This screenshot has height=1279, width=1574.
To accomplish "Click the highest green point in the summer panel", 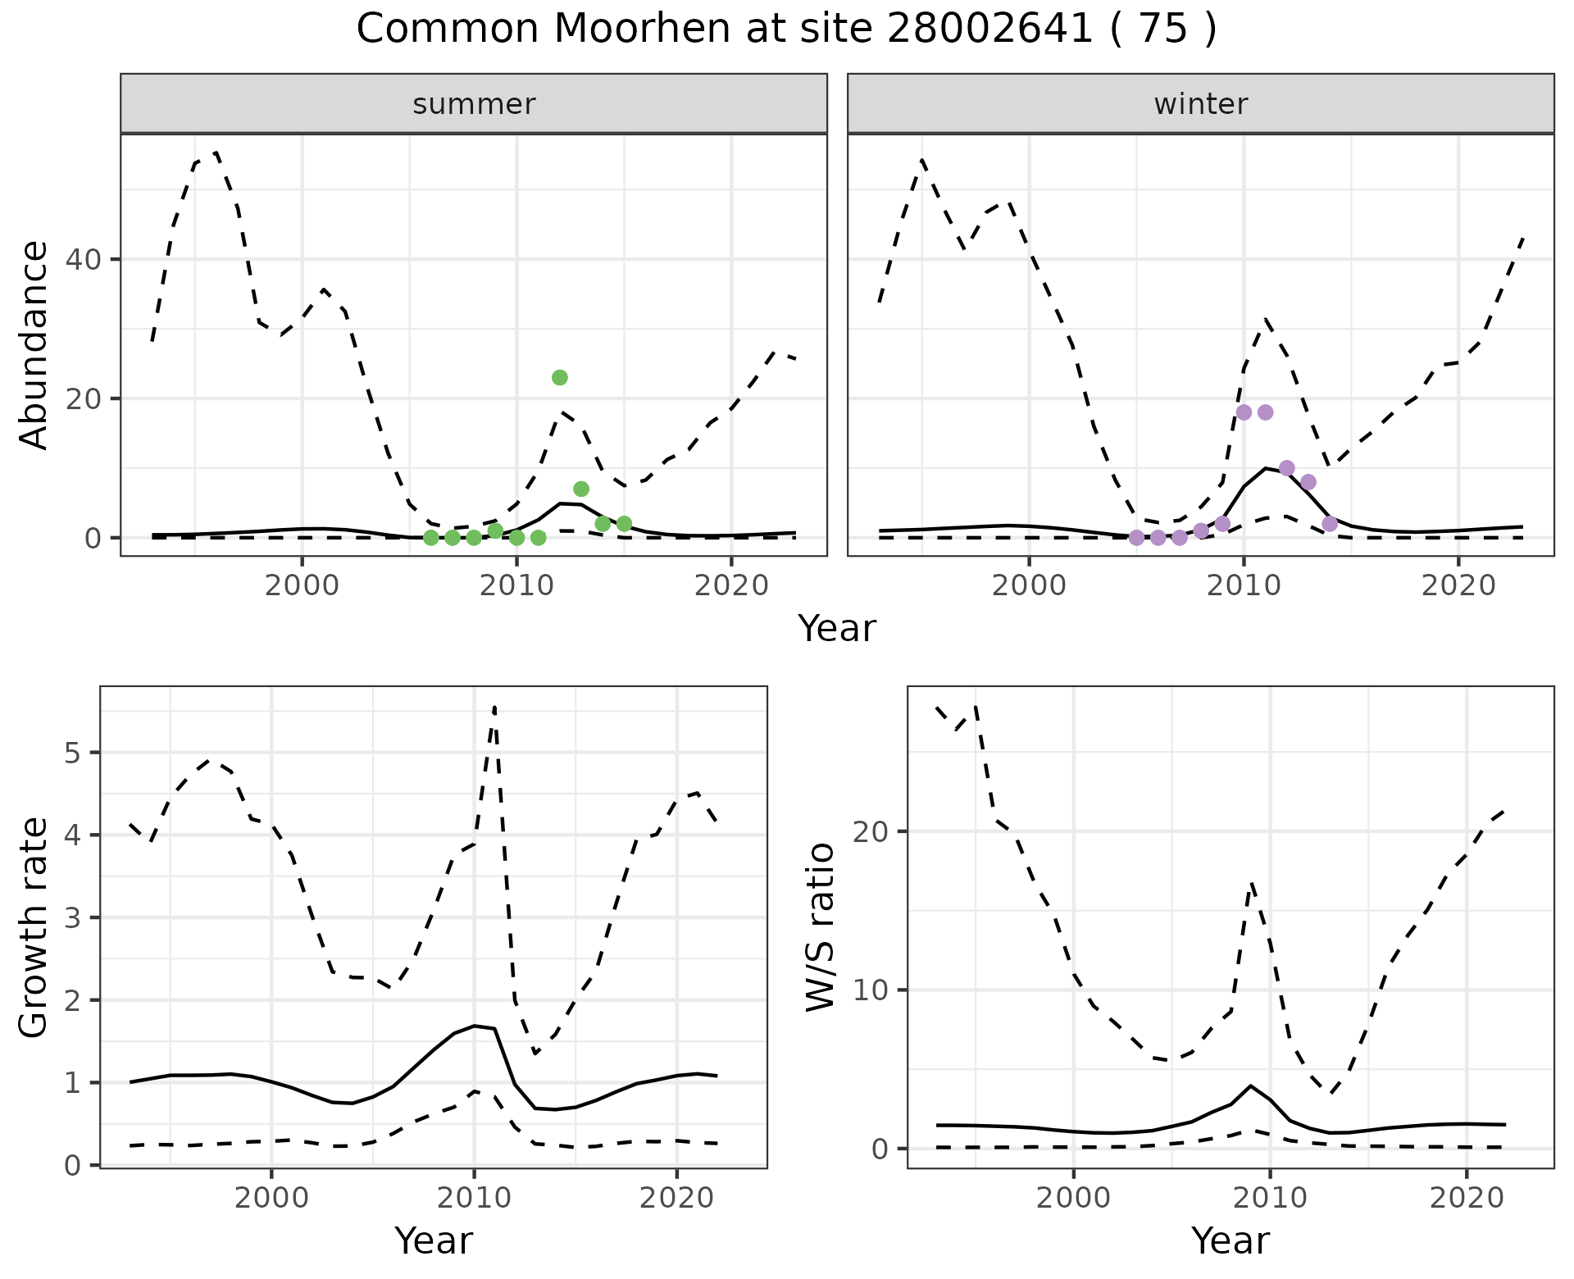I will point(560,378).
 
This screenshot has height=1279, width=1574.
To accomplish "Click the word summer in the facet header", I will point(474,104).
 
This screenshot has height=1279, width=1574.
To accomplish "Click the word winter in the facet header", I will point(1201,104).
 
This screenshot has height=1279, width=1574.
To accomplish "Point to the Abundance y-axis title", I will point(34,345).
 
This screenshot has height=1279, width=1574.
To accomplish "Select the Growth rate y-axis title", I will point(34,928).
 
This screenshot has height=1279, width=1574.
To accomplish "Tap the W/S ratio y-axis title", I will point(821,928).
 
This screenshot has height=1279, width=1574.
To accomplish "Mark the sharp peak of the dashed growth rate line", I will point(494,706).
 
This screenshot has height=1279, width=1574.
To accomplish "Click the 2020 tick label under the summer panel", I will point(731,585).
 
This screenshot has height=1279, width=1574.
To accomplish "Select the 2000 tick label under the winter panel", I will point(1029,585).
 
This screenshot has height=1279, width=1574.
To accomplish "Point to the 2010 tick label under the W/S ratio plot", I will point(1270,1198).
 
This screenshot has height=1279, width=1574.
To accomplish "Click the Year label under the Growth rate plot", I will point(434,1240).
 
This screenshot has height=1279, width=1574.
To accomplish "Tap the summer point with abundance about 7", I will point(581,489).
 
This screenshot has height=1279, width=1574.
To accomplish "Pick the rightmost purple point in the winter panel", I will point(1330,524).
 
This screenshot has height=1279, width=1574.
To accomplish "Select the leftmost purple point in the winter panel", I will point(1136,538).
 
